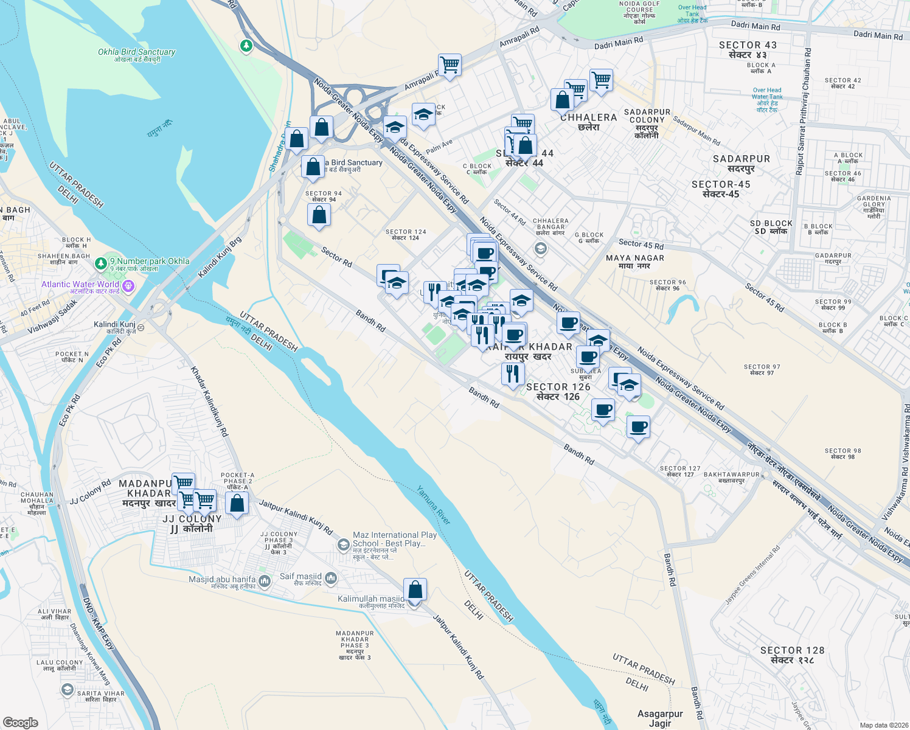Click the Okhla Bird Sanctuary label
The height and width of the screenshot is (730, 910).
(x=136, y=55)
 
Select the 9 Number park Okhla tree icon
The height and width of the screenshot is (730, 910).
(x=101, y=265)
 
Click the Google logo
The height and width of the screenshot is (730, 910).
(x=20, y=722)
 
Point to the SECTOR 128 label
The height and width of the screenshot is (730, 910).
(x=792, y=655)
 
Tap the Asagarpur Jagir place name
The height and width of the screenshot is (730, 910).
(x=660, y=718)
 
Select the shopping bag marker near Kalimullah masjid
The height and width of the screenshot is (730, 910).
(x=415, y=590)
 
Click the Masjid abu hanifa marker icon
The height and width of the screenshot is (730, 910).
(x=265, y=582)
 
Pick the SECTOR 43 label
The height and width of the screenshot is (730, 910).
(x=748, y=49)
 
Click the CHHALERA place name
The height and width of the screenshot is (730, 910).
(x=588, y=122)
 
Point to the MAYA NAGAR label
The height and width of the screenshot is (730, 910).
(x=635, y=262)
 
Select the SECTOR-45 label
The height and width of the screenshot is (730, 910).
(x=721, y=189)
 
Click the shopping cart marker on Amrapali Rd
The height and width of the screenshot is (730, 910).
(x=450, y=64)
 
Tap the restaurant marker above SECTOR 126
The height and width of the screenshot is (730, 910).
(x=513, y=374)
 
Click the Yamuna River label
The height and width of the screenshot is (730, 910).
(x=434, y=505)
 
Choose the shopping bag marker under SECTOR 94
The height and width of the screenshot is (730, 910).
(x=319, y=215)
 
